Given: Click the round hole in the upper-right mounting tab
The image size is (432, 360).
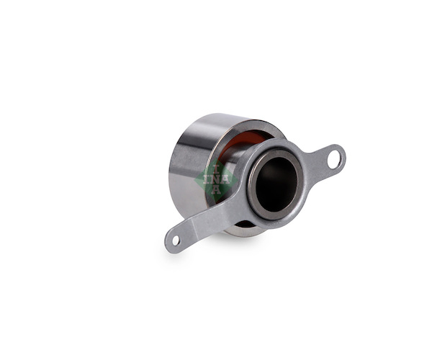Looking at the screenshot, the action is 334,159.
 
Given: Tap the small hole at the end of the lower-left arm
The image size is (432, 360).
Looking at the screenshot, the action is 176,240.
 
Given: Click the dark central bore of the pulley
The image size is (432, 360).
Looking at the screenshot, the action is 276,185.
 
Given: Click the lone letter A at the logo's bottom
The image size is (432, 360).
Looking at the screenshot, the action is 215,189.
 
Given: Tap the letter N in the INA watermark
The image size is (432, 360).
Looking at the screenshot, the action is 216,179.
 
